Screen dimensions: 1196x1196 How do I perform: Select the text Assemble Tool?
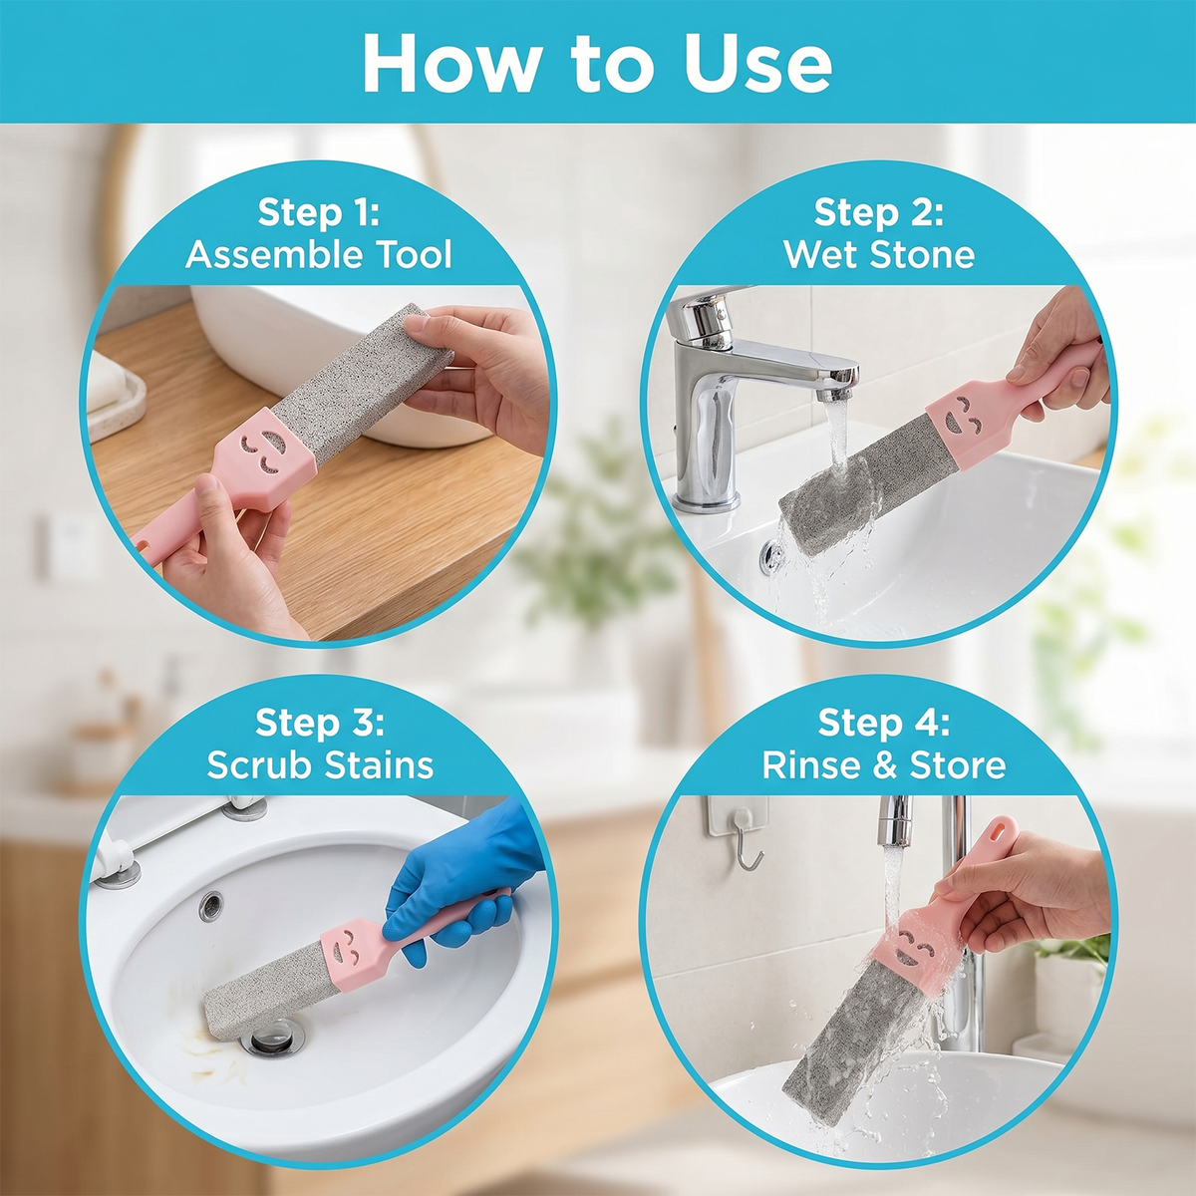pos(318,254)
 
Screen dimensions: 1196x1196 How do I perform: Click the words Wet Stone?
pos(879,254)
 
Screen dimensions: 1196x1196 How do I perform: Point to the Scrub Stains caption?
pos(320,764)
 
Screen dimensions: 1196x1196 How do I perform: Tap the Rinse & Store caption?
pos(883,764)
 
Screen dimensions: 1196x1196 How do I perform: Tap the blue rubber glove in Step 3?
pos(459,869)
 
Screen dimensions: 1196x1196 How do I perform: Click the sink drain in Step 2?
pos(771,554)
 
